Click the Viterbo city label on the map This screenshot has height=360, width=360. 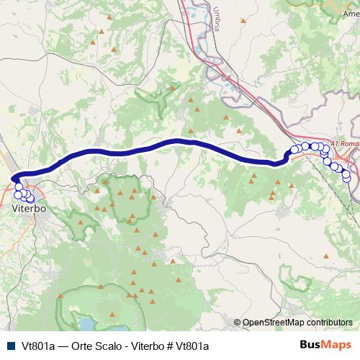[x=30, y=208]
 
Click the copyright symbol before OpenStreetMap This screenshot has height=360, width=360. [x=238, y=323]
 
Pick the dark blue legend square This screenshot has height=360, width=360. [x=10, y=346]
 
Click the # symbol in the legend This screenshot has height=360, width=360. [x=170, y=346]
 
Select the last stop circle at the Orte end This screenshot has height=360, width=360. [x=346, y=177]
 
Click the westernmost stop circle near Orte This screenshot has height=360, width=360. [x=294, y=150]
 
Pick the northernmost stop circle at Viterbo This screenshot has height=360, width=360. [x=19, y=186]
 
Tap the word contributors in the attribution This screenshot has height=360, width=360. [x=329, y=323]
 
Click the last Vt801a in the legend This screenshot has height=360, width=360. [x=193, y=346]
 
